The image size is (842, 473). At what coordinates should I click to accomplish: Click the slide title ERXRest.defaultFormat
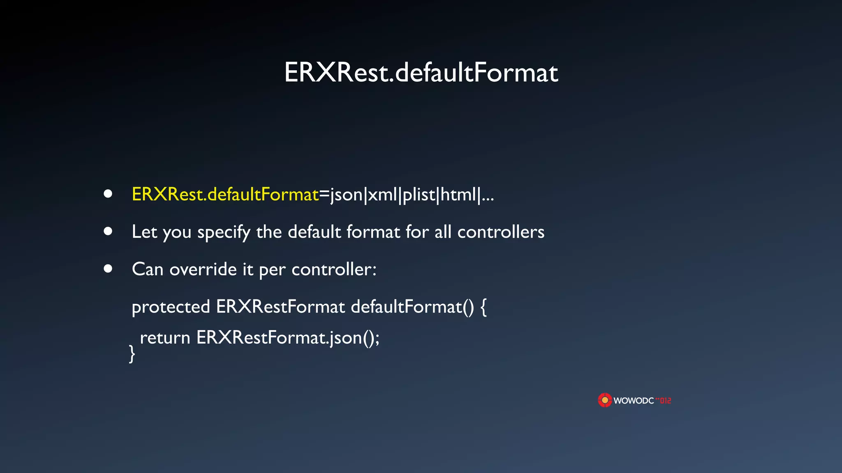tap(421, 73)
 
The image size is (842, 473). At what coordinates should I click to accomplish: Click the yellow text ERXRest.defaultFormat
tap(225, 194)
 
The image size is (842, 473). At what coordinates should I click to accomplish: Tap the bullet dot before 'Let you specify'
tap(108, 231)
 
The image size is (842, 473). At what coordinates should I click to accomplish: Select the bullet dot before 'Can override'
tap(108, 269)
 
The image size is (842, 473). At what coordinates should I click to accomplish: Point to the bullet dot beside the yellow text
tap(108, 194)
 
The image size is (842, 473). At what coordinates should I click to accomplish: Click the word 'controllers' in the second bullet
tap(501, 232)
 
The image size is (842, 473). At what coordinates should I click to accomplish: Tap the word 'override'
tap(203, 270)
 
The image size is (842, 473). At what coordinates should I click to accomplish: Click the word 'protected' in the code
tap(171, 307)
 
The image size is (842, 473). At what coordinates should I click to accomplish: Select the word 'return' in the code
tap(165, 338)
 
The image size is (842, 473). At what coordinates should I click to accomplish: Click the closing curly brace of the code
tap(132, 354)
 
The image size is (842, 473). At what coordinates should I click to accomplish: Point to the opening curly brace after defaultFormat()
tap(483, 307)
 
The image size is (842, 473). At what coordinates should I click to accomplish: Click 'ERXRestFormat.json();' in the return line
tap(288, 338)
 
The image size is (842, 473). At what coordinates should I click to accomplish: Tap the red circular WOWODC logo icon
tap(605, 400)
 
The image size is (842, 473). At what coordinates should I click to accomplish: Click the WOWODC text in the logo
tap(634, 401)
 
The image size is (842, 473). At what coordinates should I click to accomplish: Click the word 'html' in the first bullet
tap(458, 194)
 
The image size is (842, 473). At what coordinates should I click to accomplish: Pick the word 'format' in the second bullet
tap(373, 232)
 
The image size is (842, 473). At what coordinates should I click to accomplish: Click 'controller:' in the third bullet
tap(334, 270)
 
